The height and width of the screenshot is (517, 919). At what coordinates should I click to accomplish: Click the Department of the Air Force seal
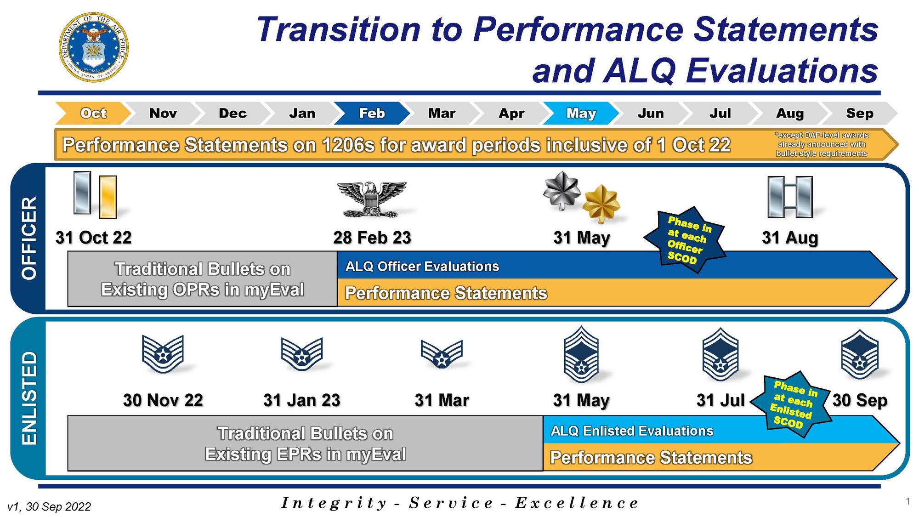pyautogui.click(x=94, y=47)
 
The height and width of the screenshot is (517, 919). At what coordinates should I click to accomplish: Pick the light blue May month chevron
pyautogui.click(x=581, y=113)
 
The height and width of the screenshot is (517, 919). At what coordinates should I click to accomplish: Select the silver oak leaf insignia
pyautogui.click(x=562, y=190)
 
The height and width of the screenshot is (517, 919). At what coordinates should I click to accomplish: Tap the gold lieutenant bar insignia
pyautogui.click(x=108, y=197)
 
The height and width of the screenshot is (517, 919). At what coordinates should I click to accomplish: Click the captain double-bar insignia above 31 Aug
pyautogui.click(x=790, y=197)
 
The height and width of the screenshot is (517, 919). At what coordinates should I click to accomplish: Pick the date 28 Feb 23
pyautogui.click(x=372, y=238)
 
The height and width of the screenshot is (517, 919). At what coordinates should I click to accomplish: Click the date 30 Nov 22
pyautogui.click(x=163, y=400)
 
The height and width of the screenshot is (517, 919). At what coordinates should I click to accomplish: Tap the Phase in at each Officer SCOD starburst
pyautogui.click(x=685, y=240)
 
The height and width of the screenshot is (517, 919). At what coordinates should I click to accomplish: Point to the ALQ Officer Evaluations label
pyautogui.click(x=422, y=266)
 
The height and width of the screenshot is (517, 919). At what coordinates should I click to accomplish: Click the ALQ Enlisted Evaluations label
pyautogui.click(x=632, y=431)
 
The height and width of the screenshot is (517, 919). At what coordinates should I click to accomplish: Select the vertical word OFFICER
pyautogui.click(x=28, y=238)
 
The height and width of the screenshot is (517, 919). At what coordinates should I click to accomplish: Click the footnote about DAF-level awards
pyautogui.click(x=821, y=144)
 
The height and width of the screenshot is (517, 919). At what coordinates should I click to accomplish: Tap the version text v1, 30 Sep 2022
pyautogui.click(x=49, y=506)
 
